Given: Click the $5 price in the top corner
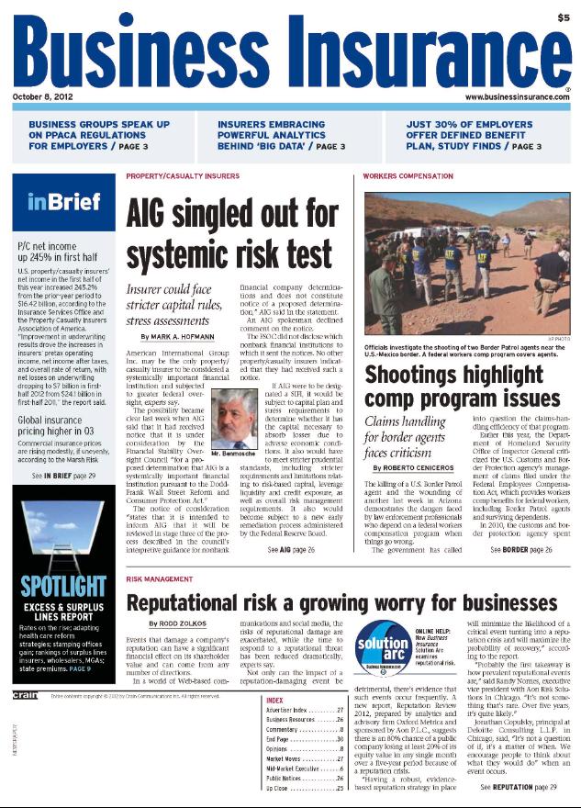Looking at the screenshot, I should (x=561, y=17).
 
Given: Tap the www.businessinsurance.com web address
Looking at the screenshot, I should (x=517, y=95).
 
